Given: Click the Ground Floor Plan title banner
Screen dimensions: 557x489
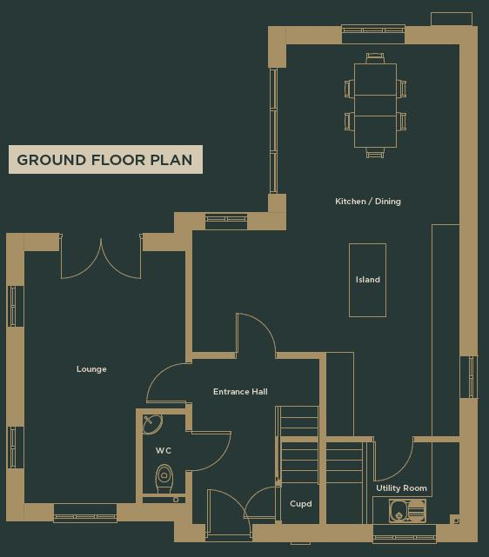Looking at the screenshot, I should (x=105, y=160).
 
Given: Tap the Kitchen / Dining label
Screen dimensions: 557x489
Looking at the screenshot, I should (x=368, y=202).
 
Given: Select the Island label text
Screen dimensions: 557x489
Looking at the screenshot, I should (x=367, y=280).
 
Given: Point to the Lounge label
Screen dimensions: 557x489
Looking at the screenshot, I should (x=91, y=369).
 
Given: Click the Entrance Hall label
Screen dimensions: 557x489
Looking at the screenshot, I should (x=240, y=392).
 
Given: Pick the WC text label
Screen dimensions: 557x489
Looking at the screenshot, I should (x=164, y=451).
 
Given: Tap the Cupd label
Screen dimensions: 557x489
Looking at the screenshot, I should (x=300, y=504).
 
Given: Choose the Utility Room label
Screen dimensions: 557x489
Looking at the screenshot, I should (x=401, y=488).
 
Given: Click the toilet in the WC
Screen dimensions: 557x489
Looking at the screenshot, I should (x=164, y=479).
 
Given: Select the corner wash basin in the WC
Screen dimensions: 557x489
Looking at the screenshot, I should (x=152, y=423).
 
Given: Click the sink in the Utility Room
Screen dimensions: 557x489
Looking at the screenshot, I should (x=406, y=511).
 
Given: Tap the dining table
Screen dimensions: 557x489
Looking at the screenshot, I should (x=375, y=104).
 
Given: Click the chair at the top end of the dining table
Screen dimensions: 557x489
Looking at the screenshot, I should (x=375, y=57).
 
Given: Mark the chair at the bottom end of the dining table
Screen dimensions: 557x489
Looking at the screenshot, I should (x=375, y=152).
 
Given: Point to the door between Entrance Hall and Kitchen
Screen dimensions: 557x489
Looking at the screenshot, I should (x=256, y=336).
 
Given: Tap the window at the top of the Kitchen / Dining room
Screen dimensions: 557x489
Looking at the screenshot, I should (x=372, y=34).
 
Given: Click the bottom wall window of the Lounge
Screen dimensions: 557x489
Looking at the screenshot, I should (x=84, y=514).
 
